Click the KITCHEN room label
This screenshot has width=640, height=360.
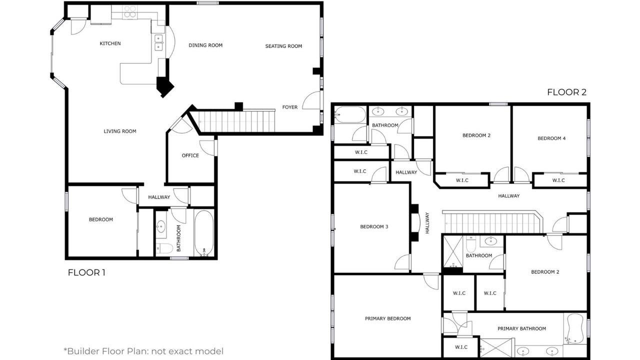[110, 43]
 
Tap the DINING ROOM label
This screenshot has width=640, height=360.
[205, 45]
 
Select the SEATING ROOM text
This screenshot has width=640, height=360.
[283, 46]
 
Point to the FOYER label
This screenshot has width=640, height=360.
[289, 107]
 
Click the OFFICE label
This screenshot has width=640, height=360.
[190, 155]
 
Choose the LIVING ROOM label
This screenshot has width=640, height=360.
[119, 131]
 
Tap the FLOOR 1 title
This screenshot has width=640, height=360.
[86, 272]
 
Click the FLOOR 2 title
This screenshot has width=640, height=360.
[567, 92]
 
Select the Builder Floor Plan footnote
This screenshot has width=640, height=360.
[143, 351]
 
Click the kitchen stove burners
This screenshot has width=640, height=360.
[129, 11]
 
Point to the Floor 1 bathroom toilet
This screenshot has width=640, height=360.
[164, 248]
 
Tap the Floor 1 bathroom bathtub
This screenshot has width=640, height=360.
[204, 233]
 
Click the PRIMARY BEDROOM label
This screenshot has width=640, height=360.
[387, 318]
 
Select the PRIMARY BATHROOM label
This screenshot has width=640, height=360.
[521, 328]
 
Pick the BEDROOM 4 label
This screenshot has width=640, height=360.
[551, 138]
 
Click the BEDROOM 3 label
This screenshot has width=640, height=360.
[374, 226]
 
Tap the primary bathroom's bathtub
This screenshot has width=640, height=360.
[575, 328]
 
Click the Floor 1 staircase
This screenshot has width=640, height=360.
[236, 121]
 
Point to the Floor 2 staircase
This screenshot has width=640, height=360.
[493, 222]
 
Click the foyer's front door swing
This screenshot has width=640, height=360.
[311, 100]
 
